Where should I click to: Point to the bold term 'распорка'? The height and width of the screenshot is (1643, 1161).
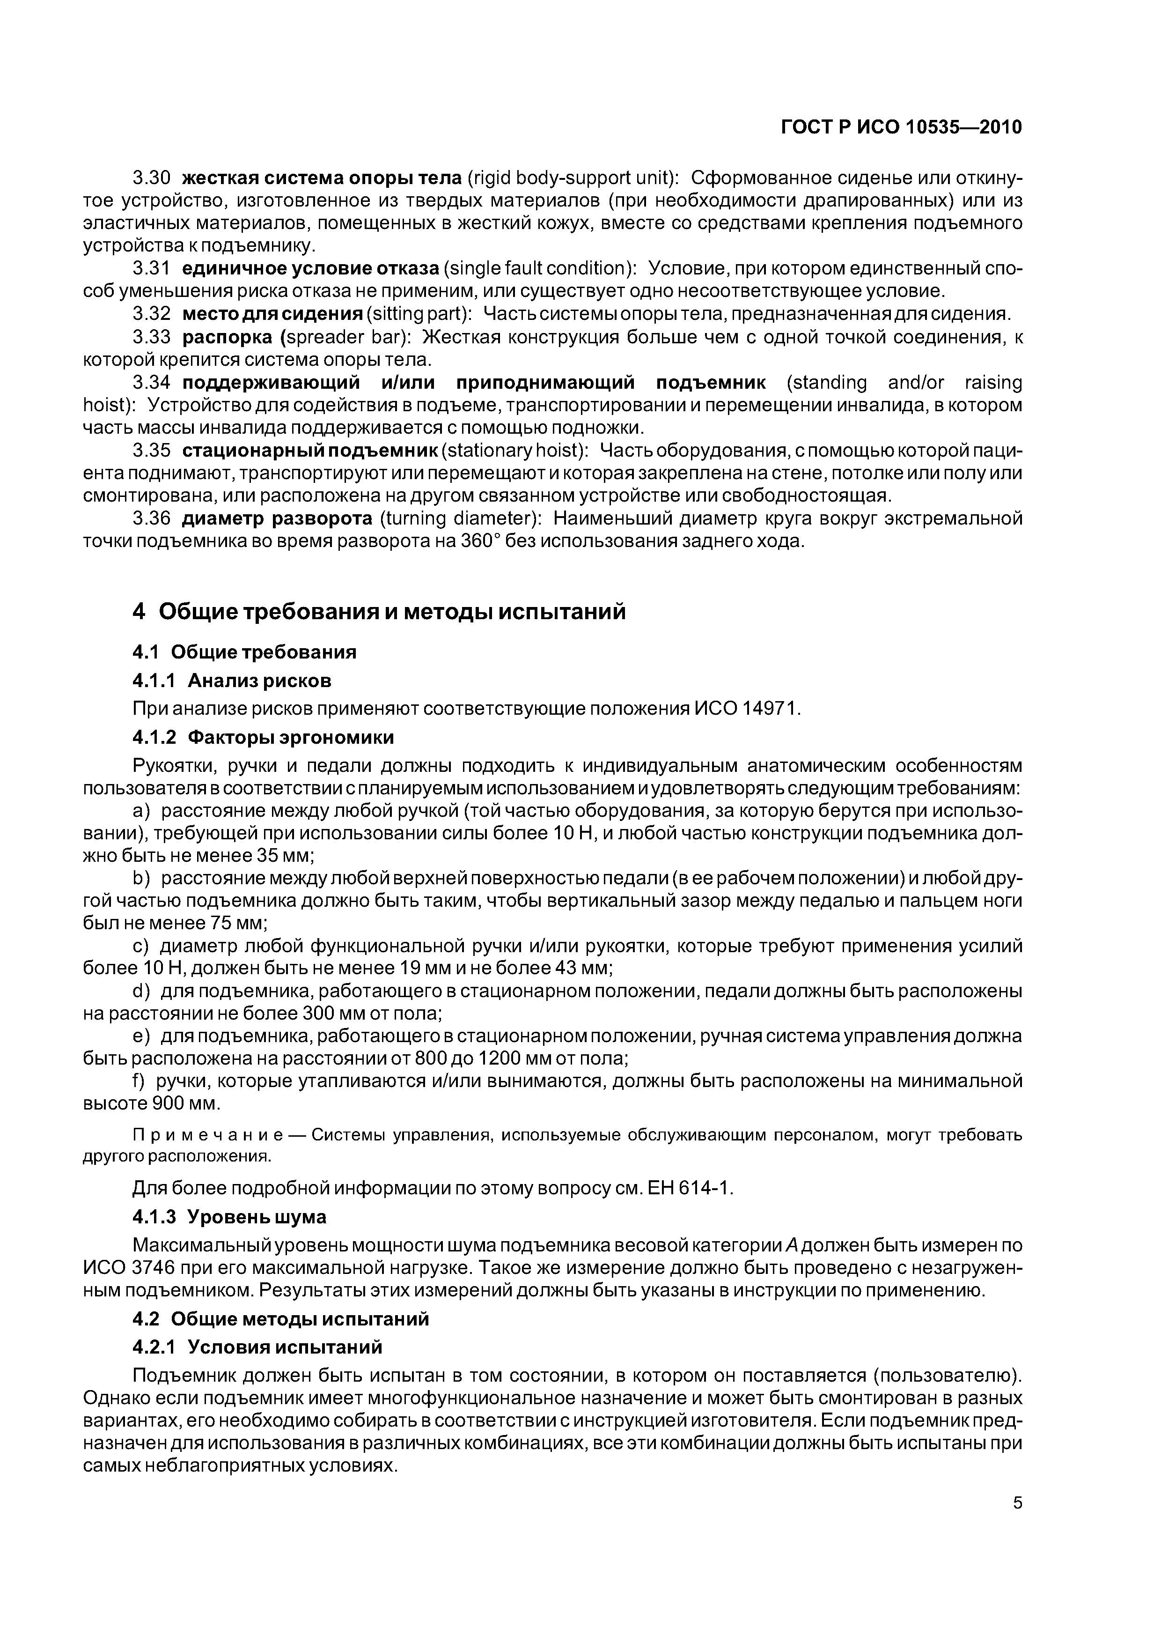[228, 337]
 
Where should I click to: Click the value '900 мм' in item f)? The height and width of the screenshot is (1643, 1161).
[183, 1104]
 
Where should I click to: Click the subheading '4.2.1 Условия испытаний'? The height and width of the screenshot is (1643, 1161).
[257, 1347]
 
